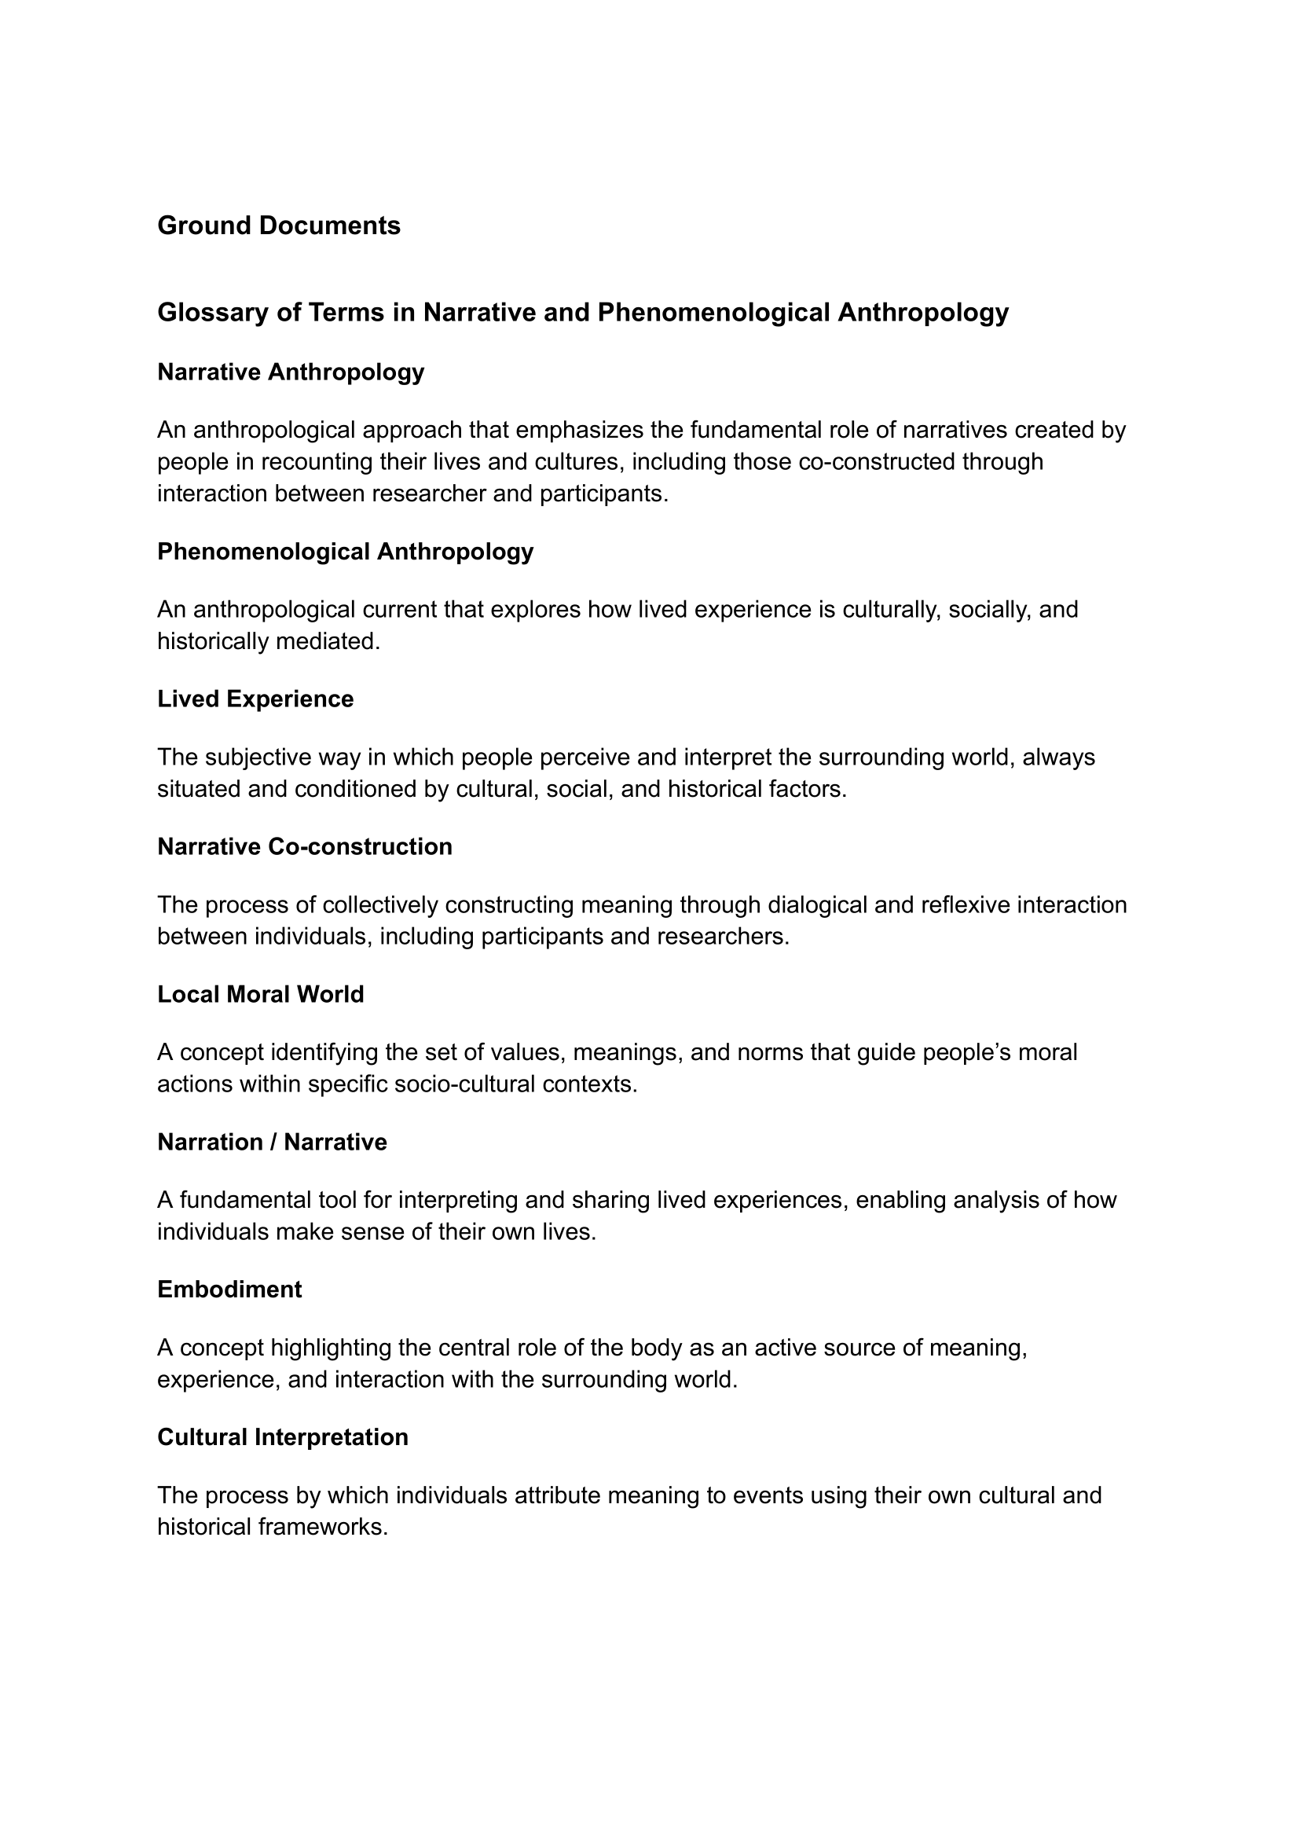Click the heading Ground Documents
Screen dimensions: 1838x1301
click(x=279, y=226)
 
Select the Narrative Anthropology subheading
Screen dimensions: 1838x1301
click(x=290, y=372)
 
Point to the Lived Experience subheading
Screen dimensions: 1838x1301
click(x=255, y=699)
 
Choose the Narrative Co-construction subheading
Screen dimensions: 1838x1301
click(x=304, y=846)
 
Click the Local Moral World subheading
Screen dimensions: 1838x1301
click(x=260, y=993)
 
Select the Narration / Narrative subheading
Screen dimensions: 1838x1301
click(x=272, y=1142)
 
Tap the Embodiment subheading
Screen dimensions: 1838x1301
click(x=229, y=1290)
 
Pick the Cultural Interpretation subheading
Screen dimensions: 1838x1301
click(x=283, y=1436)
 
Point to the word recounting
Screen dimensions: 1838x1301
click(x=317, y=462)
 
